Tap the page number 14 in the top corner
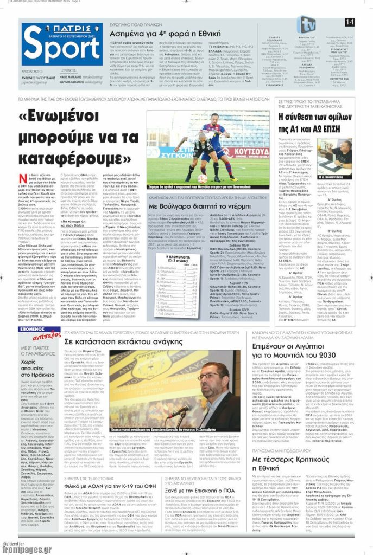pyautogui.click(x=349, y=22)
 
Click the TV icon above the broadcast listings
pyautogui.click(x=308, y=24)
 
